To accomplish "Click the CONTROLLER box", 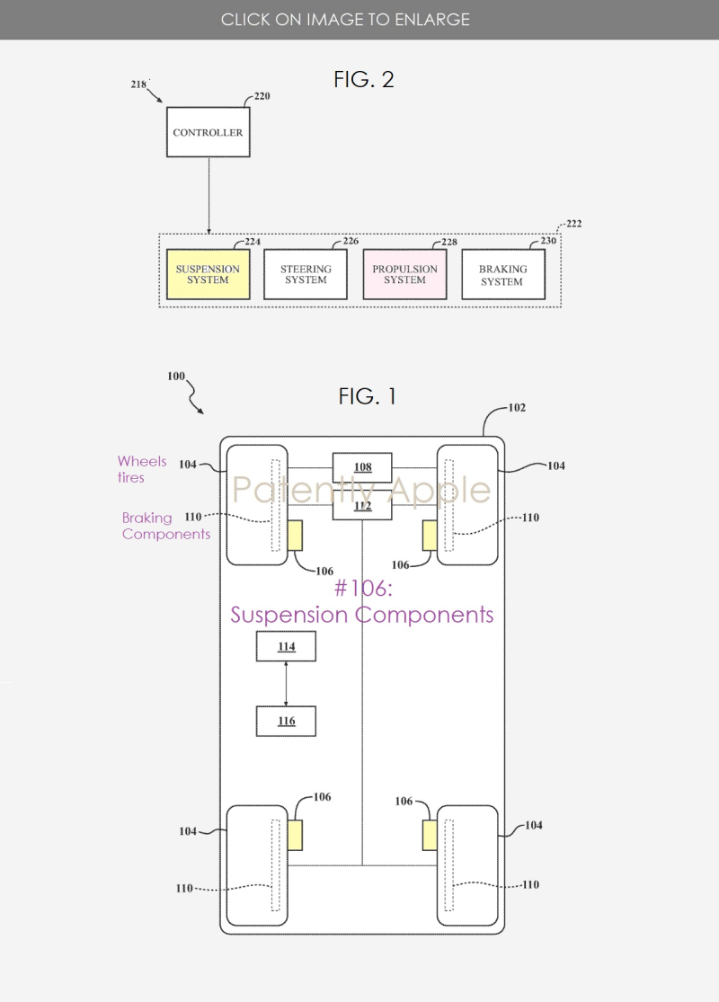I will pos(208,132).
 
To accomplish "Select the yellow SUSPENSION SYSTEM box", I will pos(208,274).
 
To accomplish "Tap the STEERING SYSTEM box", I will pos(306,274).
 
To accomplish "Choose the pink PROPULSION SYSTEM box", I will pos(404,274).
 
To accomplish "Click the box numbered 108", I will pos(362,467).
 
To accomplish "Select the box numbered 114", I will pos(286,647).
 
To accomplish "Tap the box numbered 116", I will pos(286,721).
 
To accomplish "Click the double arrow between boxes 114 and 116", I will pos(286,684).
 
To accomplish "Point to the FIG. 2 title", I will pos(364,79).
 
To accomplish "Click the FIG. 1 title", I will pos(368,396).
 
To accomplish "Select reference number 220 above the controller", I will pos(262,95).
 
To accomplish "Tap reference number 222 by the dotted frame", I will pos(573,224).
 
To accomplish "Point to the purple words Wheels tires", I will pos(142,469).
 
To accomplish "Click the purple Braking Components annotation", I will pos(166,526).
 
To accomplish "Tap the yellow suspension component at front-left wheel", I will pos(295,536).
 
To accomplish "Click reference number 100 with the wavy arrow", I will pos(176,376).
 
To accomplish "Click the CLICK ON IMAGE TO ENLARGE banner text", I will pos(345,19).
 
